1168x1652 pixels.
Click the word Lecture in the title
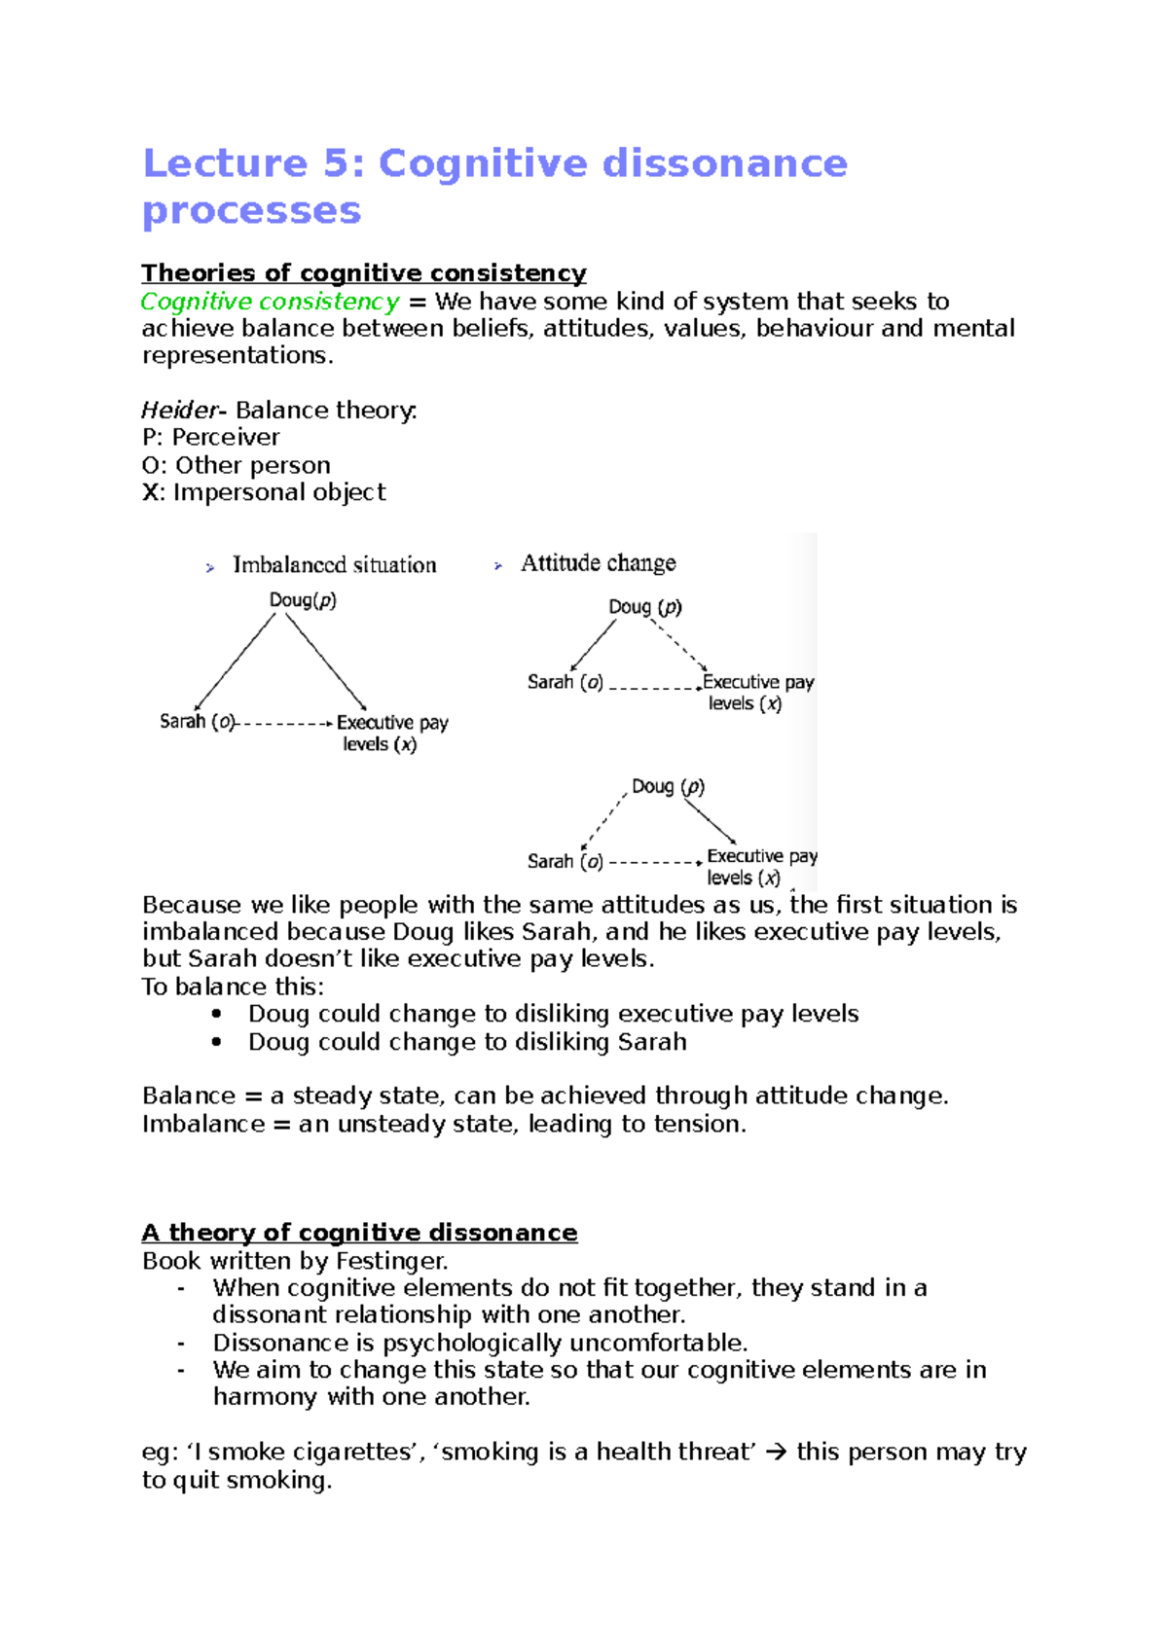click(x=225, y=163)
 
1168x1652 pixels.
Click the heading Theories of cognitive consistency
click(x=363, y=272)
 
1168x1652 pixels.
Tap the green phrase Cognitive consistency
click(x=270, y=302)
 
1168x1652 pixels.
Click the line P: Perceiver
click(x=210, y=438)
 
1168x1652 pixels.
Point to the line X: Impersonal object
click(x=264, y=492)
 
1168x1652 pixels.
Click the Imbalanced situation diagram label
click(x=334, y=565)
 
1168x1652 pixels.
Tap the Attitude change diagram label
click(x=598, y=563)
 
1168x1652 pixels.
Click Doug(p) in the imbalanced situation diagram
click(x=303, y=600)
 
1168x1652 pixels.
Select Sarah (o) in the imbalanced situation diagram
click(x=197, y=722)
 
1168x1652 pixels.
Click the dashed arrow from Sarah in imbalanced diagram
click(x=284, y=724)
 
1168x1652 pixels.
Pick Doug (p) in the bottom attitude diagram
click(x=668, y=786)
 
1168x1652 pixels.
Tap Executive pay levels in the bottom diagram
click(x=760, y=867)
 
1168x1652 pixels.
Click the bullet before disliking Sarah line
click(x=216, y=1042)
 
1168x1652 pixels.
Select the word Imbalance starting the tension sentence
click(x=202, y=1125)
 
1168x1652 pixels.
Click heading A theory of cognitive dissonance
click(x=359, y=1233)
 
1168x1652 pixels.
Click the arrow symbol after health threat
click(x=776, y=1453)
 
